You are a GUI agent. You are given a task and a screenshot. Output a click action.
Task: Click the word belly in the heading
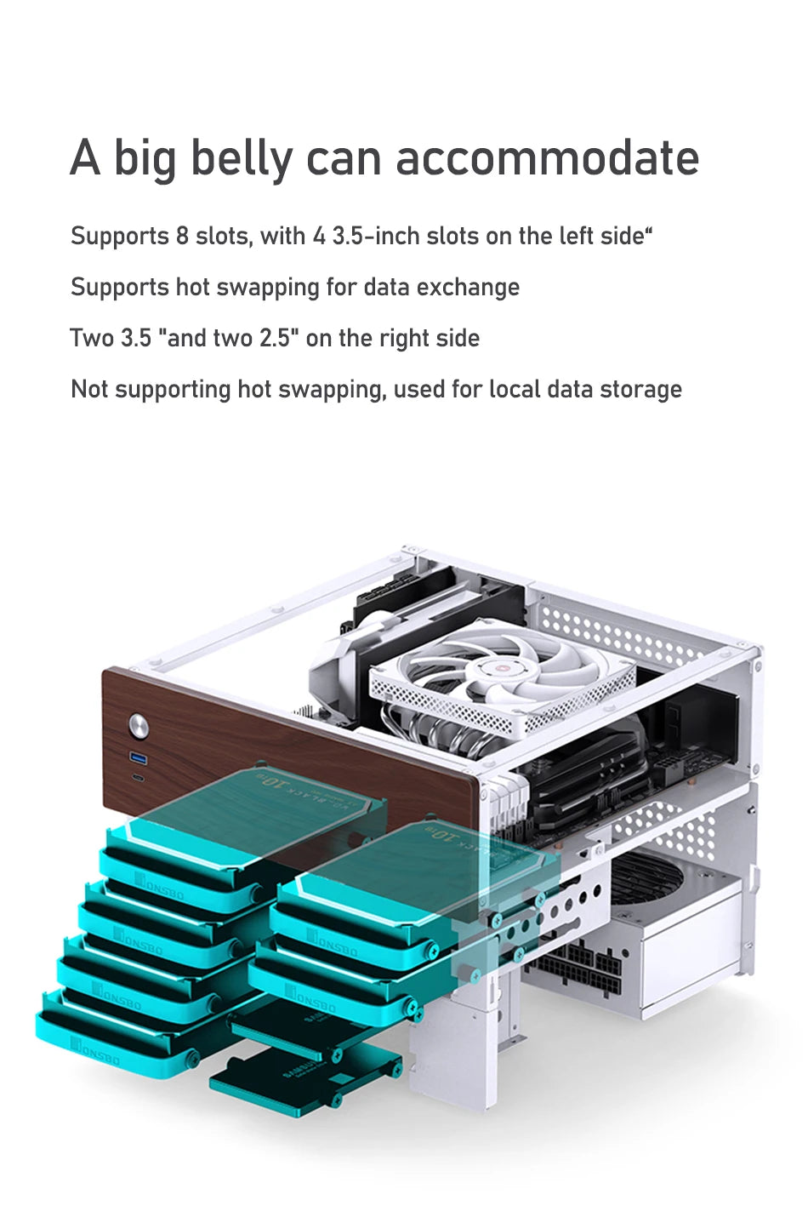pos(241,159)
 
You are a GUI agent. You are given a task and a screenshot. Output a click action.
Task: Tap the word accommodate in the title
pos(547,158)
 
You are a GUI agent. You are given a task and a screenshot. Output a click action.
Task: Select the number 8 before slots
pos(182,236)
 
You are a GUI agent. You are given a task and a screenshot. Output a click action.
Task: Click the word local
pos(513,390)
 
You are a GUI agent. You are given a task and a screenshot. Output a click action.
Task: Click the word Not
pos(89,390)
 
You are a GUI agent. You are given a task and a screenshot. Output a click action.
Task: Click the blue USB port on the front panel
pos(137,757)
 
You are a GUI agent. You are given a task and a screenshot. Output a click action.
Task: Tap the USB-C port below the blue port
pos(137,778)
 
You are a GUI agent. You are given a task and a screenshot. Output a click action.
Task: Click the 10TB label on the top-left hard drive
pos(274,780)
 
